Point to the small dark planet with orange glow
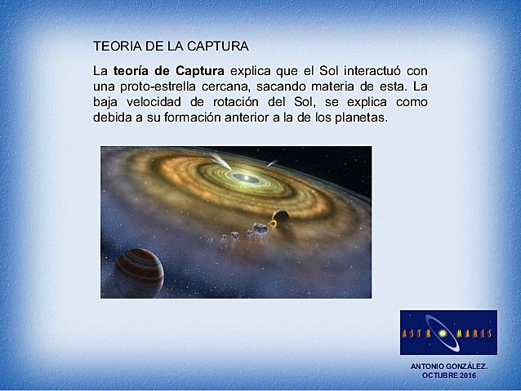pyautogui.click(x=280, y=217)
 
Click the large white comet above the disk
pyautogui.click(x=219, y=161)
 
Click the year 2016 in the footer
pyautogui.click(x=466, y=375)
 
